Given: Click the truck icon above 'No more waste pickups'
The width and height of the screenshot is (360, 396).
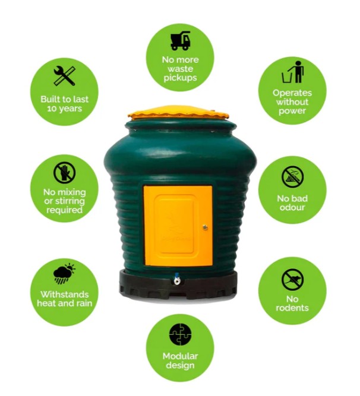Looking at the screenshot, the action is point(180,40).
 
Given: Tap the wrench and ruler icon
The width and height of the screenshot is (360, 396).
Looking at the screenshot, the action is point(65,75).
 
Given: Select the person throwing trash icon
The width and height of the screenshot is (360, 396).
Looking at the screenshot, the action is point(293,72).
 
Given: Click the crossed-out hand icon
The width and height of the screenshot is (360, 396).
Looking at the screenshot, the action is point(65,173).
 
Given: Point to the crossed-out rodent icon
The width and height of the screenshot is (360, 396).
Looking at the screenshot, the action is point(292,280).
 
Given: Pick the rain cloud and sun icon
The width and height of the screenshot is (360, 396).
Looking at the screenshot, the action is point(64,274).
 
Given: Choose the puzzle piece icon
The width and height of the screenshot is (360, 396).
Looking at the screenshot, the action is point(180,334).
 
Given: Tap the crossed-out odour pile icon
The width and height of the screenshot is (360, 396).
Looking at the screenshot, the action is point(292,177).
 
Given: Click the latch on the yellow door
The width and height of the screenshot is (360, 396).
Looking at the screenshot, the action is point(205,227).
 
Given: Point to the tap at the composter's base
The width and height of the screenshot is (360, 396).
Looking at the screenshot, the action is point(176,279).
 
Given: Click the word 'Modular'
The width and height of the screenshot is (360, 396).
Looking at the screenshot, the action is point(180,356).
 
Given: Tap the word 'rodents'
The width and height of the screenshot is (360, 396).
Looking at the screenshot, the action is point(292,308).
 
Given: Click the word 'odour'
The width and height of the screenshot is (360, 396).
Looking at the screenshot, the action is point(292,207).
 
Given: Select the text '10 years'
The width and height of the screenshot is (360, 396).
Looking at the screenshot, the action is point(64,109).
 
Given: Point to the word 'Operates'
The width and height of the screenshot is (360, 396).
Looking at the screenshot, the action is point(292,93).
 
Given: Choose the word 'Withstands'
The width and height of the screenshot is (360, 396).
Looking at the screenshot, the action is point(64,294).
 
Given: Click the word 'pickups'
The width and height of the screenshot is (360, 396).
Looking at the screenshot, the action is point(180,78).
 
